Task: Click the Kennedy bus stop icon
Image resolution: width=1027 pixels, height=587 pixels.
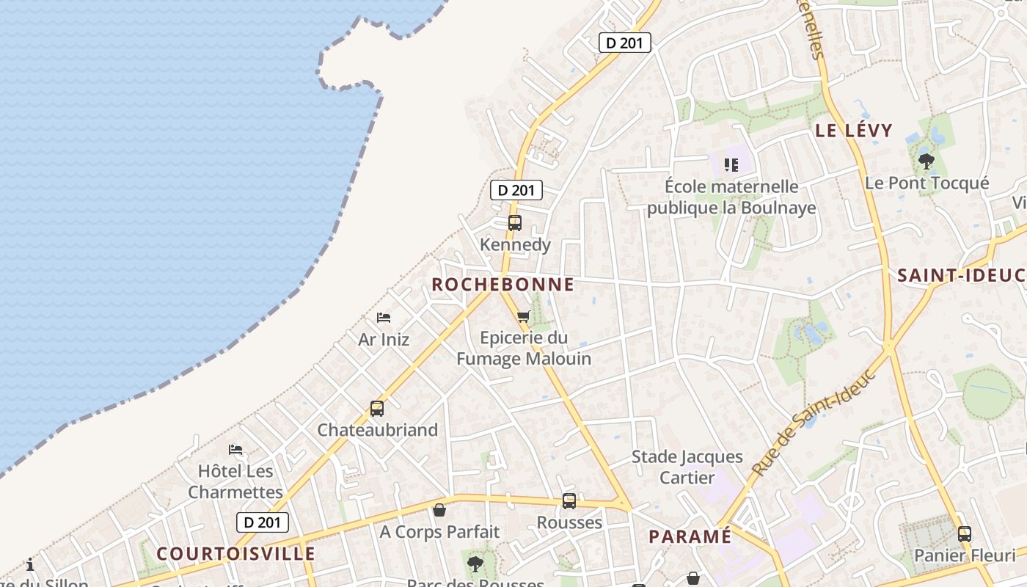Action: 515,223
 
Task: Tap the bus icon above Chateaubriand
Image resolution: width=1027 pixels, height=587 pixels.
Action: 377,409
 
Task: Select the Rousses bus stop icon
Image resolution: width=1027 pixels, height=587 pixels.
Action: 569,501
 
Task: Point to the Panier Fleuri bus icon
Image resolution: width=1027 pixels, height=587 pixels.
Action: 965,534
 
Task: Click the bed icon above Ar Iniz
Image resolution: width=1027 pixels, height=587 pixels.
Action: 384,318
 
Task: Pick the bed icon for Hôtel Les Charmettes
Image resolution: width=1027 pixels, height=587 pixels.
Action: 235,449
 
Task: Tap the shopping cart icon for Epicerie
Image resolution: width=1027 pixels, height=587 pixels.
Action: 523,317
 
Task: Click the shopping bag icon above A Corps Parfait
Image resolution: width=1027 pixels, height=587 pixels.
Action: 439,509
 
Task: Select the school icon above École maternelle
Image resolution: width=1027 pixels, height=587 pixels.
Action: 731,164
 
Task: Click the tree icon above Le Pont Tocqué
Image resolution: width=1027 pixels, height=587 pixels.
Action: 927,161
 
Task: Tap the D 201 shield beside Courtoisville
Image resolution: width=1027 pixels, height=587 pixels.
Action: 263,522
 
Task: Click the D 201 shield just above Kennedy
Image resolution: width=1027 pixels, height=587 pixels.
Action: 516,190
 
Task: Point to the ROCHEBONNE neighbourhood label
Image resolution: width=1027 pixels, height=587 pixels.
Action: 502,285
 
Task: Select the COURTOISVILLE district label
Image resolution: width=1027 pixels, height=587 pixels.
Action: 235,554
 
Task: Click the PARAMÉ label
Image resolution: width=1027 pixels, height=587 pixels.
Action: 690,536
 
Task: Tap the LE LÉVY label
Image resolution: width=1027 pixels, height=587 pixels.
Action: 854,131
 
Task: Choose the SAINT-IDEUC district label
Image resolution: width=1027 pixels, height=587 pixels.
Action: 961,275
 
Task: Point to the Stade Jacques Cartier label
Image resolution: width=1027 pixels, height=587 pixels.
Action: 687,467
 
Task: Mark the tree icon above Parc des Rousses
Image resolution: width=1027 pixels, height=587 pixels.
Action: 475,564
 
